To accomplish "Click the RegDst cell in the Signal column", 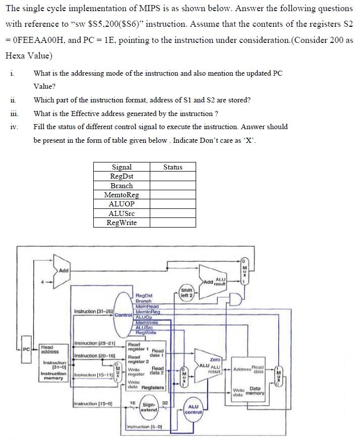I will (122, 176).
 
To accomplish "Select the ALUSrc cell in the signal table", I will (122, 213).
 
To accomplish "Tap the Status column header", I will (172, 167).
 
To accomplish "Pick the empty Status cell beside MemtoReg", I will (172, 195).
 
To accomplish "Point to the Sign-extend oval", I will (149, 407).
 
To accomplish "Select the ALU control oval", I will (194, 409).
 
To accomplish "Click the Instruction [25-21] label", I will (95, 343).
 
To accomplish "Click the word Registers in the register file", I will (153, 387).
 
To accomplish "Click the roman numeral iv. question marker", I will (14, 127).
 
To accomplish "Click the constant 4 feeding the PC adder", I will (43, 282).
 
